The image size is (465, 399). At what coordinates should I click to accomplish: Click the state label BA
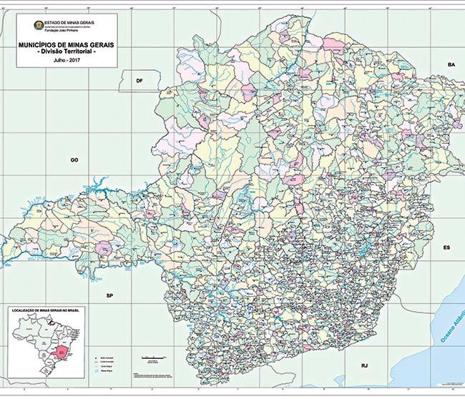pos(451,65)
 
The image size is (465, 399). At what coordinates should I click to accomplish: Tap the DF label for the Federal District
pos(139,82)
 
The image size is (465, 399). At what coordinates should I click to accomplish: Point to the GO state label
pos(74,160)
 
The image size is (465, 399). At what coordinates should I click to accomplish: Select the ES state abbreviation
pos(446,247)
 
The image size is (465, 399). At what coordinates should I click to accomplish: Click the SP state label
pos(109,295)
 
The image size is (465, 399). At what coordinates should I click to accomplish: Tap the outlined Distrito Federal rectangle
pos(140,81)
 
